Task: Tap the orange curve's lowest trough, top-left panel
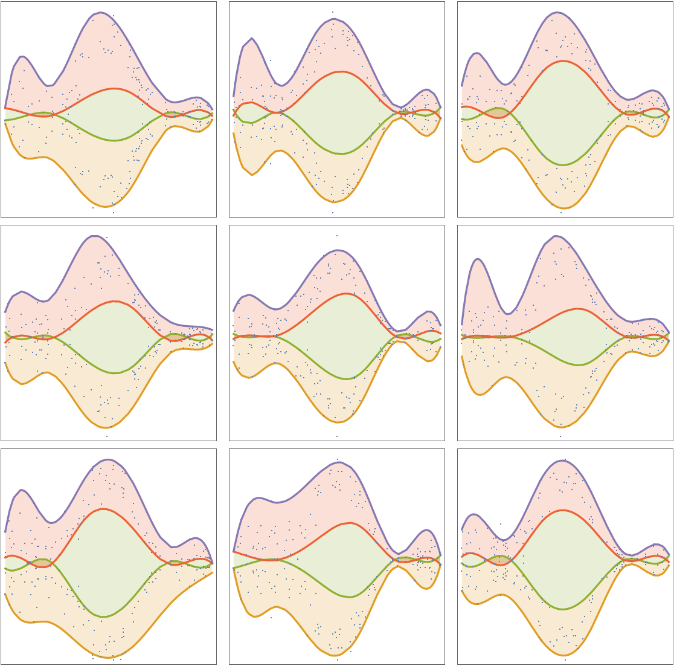coord(106,207)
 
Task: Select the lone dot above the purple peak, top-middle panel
coord(332,12)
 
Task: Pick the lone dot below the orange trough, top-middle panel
coord(332,213)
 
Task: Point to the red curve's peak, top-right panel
coord(563,61)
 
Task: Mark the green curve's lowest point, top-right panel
coord(563,164)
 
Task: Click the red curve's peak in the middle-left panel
coord(114,301)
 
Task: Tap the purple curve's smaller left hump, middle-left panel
coord(22,292)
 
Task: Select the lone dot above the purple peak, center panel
coord(337,236)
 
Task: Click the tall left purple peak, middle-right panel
coord(478,259)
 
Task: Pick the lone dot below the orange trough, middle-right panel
coord(560,436)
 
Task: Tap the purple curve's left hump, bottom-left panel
coord(22,490)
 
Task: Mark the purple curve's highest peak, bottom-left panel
coord(107,459)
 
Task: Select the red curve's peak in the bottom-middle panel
coord(350,523)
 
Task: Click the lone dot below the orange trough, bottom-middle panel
coord(337,660)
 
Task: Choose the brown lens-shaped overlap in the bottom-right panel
coord(499,560)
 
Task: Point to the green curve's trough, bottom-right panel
coord(563,609)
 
